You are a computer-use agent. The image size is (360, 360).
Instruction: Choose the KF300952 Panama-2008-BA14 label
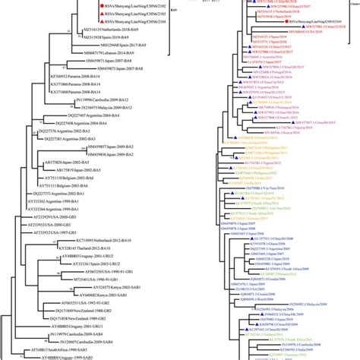65,77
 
